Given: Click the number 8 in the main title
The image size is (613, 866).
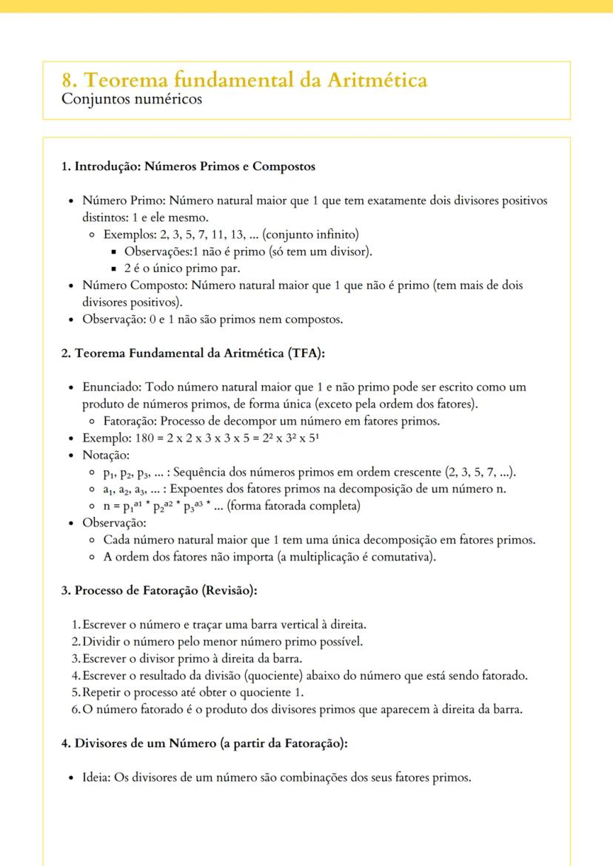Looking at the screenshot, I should (67, 80).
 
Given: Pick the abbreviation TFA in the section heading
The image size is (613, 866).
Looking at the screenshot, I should (302, 353).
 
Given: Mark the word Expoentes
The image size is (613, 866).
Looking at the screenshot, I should (199, 489).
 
